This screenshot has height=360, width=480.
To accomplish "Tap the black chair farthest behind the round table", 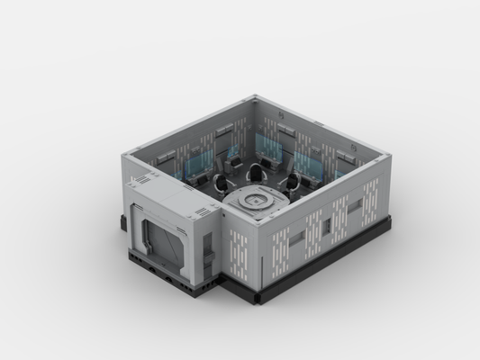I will [257, 169].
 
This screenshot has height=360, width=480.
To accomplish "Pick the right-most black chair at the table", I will [293, 186].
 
